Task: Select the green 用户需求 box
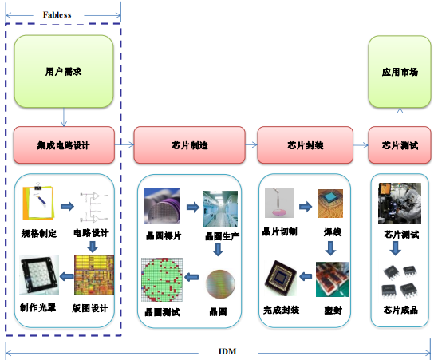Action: click(64, 71)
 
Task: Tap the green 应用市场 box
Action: click(400, 71)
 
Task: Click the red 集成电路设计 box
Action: click(64, 145)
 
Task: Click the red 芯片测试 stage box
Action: click(400, 145)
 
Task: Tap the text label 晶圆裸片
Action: click(162, 236)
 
